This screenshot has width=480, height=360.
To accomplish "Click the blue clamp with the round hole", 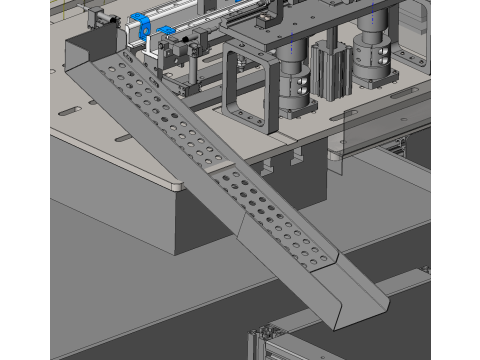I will click(x=145, y=26).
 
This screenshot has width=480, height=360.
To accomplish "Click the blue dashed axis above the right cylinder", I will click(x=373, y=12).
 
